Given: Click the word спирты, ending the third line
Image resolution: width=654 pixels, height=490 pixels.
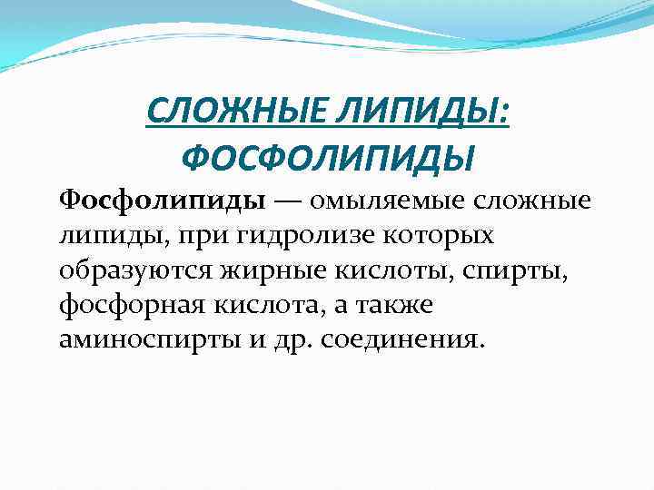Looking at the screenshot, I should (523, 271).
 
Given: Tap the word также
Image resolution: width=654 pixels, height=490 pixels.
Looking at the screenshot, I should (401, 306).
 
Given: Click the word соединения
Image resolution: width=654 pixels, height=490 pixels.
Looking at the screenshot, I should (409, 341).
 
